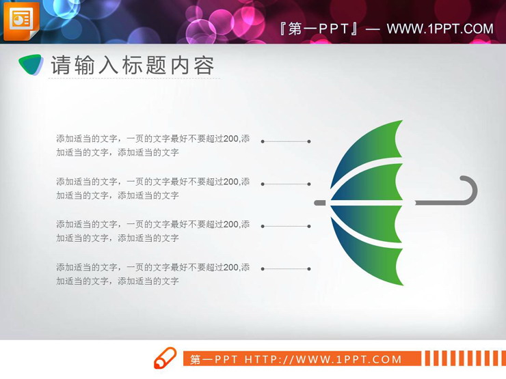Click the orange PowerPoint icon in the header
[21, 20]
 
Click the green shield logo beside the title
[31, 65]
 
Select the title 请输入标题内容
[133, 66]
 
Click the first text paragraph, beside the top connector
[152, 145]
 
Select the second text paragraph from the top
[152, 188]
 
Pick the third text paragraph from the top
[152, 231]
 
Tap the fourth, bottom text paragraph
[152, 274]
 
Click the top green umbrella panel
[376, 147]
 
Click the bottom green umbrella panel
[376, 259]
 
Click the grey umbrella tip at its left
[319, 203]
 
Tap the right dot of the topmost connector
[309, 141]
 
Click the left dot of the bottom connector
[263, 269]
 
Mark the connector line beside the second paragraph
[286, 184]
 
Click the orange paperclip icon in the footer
[165, 359]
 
